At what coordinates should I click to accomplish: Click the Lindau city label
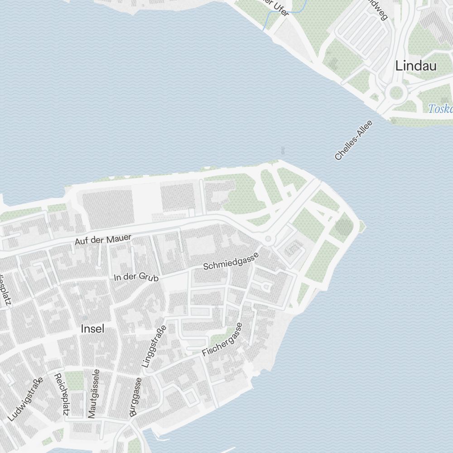point(416,66)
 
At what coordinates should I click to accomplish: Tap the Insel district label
point(92,329)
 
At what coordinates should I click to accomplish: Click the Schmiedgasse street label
point(231,261)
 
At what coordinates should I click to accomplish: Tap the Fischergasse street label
point(222,339)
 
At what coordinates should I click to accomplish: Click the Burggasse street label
point(135,397)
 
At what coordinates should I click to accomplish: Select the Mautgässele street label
point(94,394)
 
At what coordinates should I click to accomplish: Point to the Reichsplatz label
point(61,395)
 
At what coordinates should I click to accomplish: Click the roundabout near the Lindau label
point(396,93)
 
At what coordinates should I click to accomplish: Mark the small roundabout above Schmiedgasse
point(268,238)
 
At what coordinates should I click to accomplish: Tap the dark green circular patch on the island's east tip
point(344,225)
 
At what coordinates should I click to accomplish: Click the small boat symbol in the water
point(283,149)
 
